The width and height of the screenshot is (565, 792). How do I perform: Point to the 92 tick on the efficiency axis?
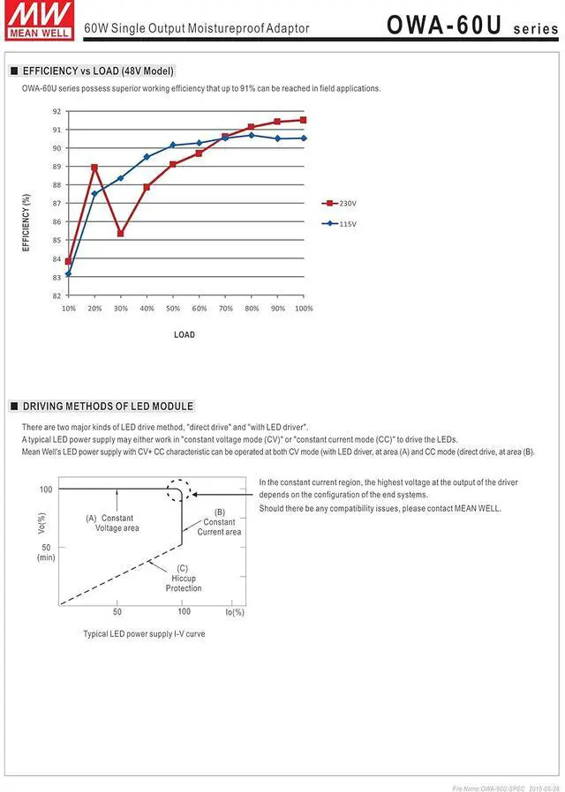click(x=56, y=111)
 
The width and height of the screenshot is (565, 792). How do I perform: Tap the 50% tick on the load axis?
click(x=173, y=309)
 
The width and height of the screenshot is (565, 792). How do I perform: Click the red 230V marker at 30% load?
click(x=121, y=234)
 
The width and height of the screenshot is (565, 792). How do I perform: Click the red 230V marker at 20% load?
click(x=94, y=168)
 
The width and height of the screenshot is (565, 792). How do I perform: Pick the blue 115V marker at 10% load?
click(x=68, y=273)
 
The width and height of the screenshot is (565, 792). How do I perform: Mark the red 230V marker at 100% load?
click(x=304, y=120)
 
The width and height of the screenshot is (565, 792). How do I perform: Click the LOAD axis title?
click(x=185, y=335)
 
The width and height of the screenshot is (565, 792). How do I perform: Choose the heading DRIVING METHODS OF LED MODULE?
click(x=107, y=407)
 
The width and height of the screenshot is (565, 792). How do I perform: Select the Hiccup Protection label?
click(x=184, y=579)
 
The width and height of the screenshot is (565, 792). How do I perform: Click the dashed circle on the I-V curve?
click(x=178, y=490)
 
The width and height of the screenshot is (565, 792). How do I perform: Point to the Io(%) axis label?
click(x=234, y=611)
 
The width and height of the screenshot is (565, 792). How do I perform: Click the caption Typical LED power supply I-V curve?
click(x=144, y=633)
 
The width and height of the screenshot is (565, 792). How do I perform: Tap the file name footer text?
click(x=505, y=788)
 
